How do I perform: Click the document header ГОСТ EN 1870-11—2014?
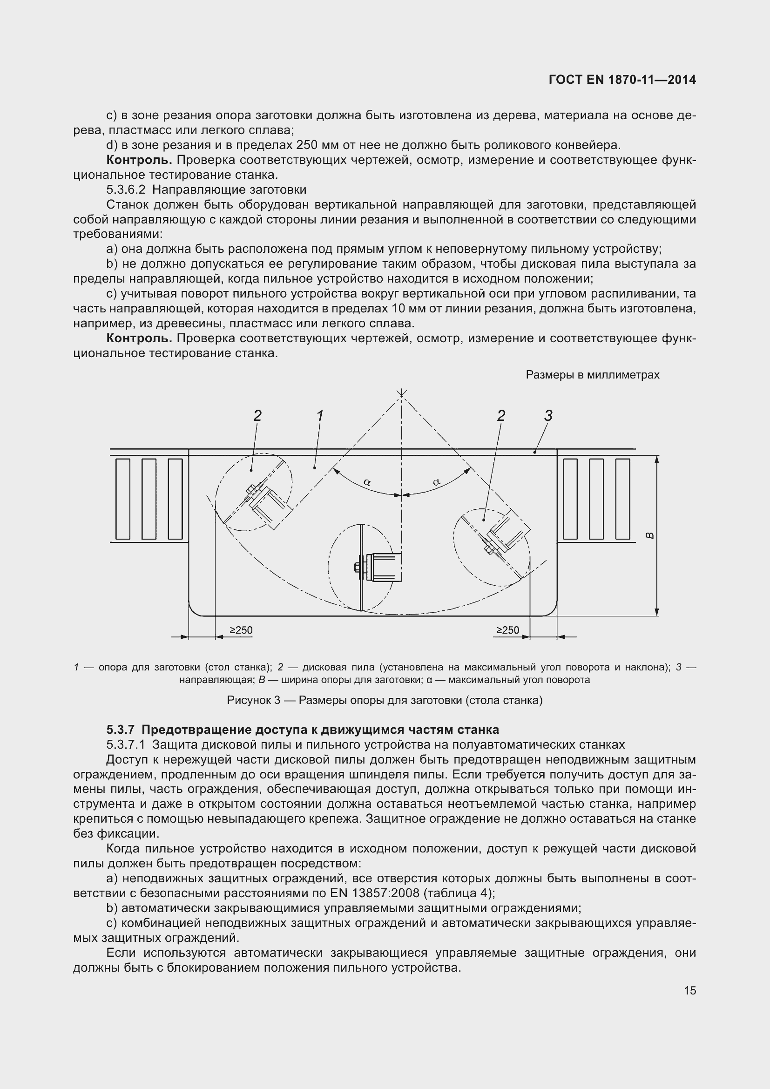tap(622, 80)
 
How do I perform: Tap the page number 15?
tap(690, 990)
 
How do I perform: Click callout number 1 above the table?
tap(320, 415)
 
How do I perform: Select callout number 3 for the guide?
tap(548, 416)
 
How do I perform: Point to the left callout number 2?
tap(257, 416)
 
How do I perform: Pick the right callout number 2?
tap(501, 416)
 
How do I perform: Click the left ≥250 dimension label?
tap(241, 630)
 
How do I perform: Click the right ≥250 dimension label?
tap(508, 630)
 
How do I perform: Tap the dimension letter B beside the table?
tap(650, 535)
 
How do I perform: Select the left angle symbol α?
tap(367, 482)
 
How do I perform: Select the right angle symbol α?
tap(436, 482)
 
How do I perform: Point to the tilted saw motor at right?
tap(510, 531)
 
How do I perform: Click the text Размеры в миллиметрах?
tap(593, 375)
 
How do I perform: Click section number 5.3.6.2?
tap(126, 189)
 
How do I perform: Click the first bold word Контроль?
tap(138, 160)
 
